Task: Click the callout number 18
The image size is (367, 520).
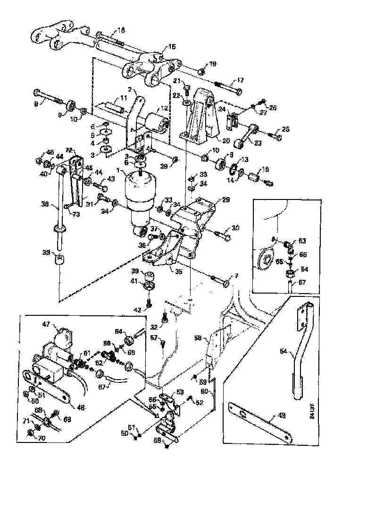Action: pos(121,30)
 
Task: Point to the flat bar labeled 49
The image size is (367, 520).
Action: pos(262,416)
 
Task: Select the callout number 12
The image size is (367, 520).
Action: pos(164,108)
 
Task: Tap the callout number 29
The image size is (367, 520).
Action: pos(226,200)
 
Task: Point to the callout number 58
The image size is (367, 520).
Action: pos(198,338)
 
